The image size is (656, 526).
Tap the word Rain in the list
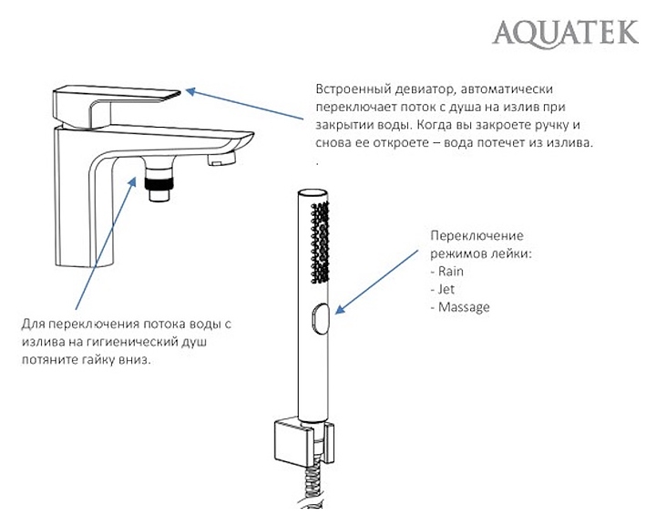point(451,272)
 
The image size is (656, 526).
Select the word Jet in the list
point(446,289)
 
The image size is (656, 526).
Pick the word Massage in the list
point(464,307)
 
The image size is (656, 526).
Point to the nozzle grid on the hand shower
point(319,242)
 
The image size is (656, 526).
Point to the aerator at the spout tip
point(220,161)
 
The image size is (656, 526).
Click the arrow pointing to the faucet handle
point(246,105)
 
